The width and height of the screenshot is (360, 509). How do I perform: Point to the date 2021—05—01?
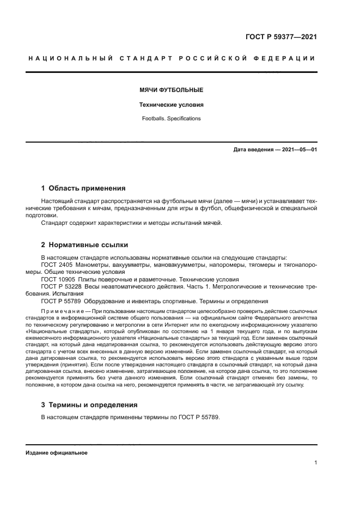tap(298, 149)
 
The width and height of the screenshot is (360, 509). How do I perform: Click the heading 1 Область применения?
tap(83, 188)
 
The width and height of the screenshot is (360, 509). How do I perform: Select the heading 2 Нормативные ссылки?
tap(85, 244)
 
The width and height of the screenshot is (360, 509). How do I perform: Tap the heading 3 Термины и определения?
tap(89, 404)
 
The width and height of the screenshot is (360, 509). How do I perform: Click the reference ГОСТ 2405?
tap(57, 264)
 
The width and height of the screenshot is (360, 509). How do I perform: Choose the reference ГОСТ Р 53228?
tap(60, 286)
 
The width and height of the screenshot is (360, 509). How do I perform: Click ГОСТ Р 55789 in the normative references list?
tap(60, 301)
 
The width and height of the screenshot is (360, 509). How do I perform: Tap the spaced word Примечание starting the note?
tap(63, 310)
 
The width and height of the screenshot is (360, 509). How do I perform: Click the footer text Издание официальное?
tap(57, 452)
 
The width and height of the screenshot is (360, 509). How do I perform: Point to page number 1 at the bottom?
tap(315, 462)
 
